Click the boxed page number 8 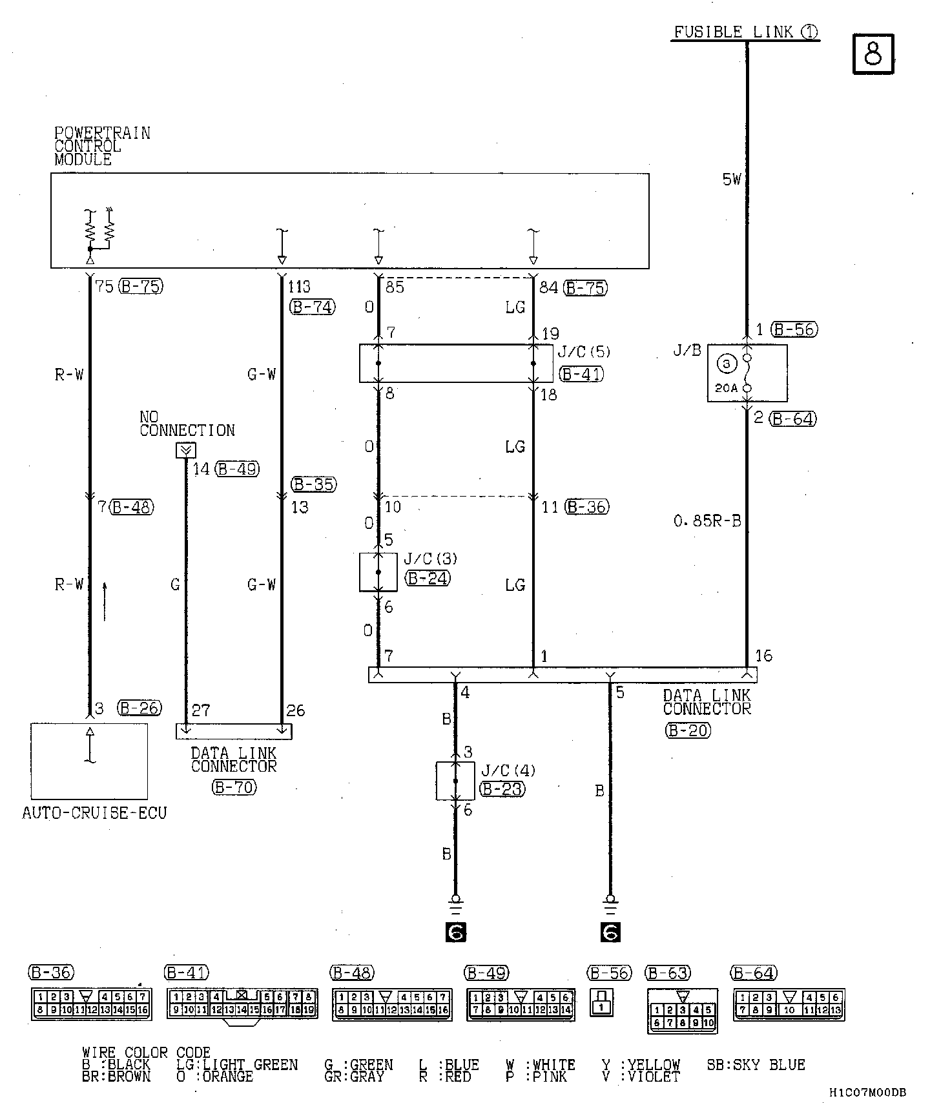click(x=873, y=54)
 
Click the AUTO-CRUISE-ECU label click(x=94, y=813)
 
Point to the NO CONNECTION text click(x=187, y=424)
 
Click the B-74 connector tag click(x=313, y=307)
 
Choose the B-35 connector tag click(x=314, y=484)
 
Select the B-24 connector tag click(x=428, y=578)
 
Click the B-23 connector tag click(x=502, y=789)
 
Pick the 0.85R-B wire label click(x=707, y=521)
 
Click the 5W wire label click(x=732, y=180)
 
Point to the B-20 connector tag click(x=687, y=730)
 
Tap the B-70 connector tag click(x=233, y=787)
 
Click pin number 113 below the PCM click(x=299, y=287)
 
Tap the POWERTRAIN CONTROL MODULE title click(x=102, y=147)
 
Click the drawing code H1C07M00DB click(x=867, y=1092)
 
